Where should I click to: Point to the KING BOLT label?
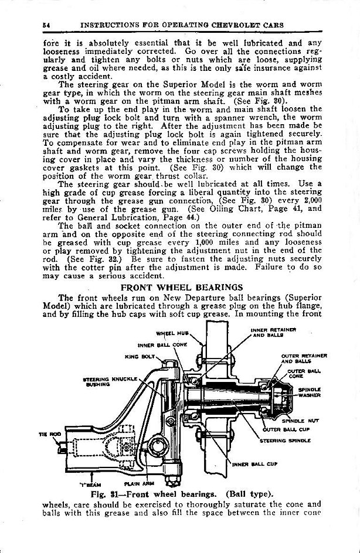(135, 356)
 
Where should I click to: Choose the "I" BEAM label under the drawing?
(87, 484)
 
